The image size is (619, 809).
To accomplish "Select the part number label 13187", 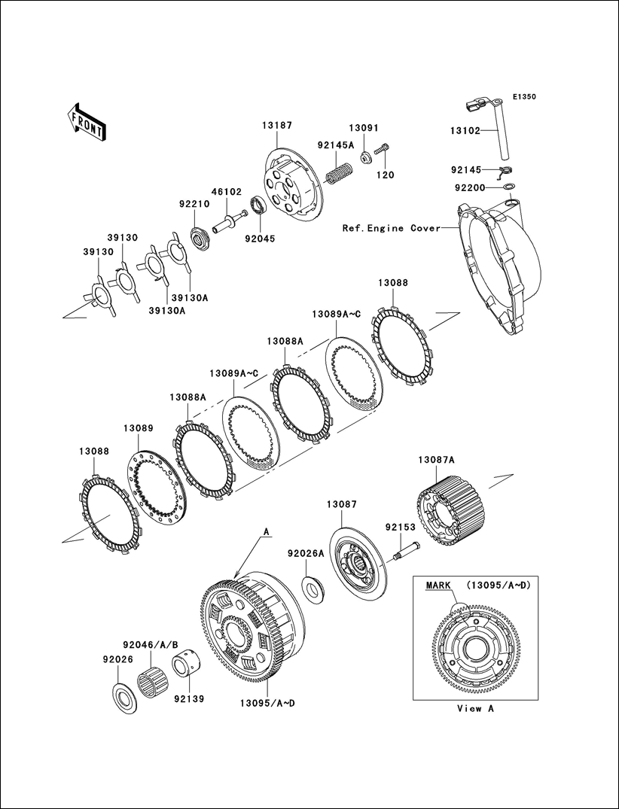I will click(277, 126).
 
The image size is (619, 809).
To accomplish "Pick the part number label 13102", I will click(465, 130).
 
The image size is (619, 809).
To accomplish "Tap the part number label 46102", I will click(226, 192).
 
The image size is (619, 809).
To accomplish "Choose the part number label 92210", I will click(194, 203).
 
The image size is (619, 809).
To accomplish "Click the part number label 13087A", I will click(436, 460).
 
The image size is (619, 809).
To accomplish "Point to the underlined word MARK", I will click(438, 584).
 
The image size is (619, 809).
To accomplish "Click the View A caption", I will click(476, 708).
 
